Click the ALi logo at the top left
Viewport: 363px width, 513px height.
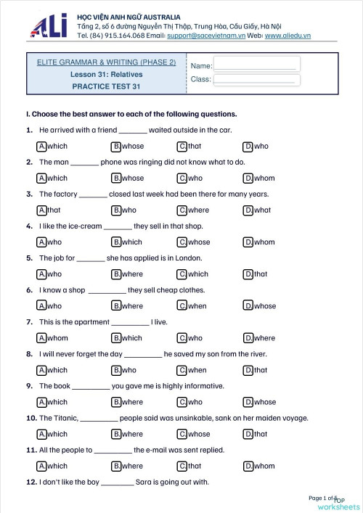(49, 25)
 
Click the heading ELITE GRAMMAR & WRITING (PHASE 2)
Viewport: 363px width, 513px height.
(106, 62)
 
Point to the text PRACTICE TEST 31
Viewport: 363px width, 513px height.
(106, 86)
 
